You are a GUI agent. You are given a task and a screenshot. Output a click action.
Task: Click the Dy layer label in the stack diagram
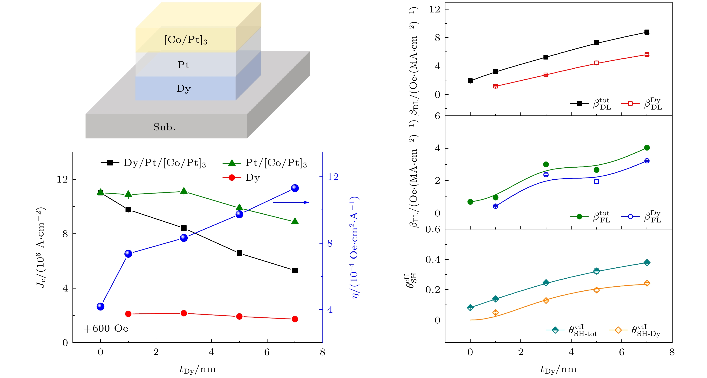click(183, 89)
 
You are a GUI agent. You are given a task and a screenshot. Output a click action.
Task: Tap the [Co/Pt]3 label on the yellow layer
click(186, 40)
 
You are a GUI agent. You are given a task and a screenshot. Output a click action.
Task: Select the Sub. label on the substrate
click(164, 127)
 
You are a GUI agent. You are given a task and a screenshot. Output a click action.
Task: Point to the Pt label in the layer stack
click(183, 65)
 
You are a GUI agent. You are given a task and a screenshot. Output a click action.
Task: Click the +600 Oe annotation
click(106, 328)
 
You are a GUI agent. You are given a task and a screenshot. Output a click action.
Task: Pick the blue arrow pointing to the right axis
click(291, 202)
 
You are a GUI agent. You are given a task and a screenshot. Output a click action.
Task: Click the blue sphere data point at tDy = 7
click(295, 188)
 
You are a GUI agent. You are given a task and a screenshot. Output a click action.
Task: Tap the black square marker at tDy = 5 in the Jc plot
click(239, 253)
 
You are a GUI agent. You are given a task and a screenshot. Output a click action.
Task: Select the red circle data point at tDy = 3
click(184, 313)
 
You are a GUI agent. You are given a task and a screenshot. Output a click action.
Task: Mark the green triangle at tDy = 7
click(295, 221)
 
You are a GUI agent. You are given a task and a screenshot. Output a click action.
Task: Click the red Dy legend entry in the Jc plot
click(242, 178)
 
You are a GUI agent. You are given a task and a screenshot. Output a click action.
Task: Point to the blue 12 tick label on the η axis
click(333, 177)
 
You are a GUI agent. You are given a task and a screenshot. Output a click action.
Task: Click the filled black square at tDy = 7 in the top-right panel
click(647, 32)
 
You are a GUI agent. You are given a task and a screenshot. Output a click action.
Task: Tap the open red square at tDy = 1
click(495, 86)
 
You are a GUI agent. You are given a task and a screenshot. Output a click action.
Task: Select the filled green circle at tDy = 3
click(546, 164)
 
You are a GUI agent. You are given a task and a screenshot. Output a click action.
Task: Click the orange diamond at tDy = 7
click(647, 283)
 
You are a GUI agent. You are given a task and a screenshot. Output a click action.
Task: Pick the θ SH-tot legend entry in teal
click(572, 330)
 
